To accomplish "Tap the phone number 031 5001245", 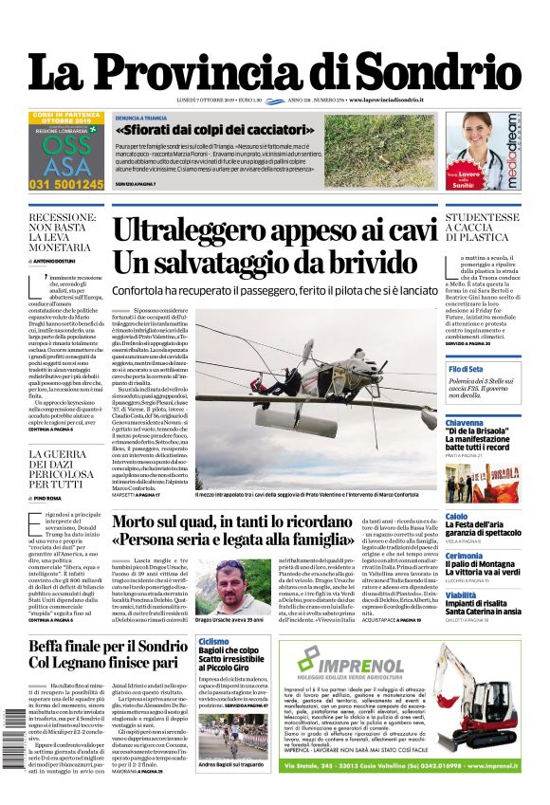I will click(66, 184).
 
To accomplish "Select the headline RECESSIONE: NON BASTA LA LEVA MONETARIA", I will click(65, 233).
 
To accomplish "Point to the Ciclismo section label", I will click(214, 642).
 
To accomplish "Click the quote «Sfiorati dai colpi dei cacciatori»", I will click(228, 129).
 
